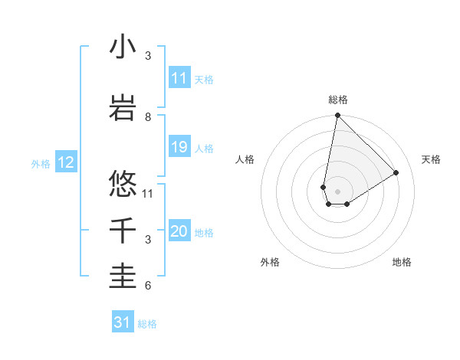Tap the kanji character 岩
point(123,109)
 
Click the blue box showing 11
point(179,78)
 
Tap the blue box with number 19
point(179,147)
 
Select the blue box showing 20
point(179,232)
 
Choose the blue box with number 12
point(66,162)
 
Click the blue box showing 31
point(123,322)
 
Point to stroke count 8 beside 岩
point(148,116)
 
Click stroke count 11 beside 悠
point(148,193)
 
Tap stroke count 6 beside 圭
point(148,286)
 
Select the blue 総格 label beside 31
point(147,324)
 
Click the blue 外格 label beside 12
point(41,163)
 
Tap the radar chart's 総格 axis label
point(337,100)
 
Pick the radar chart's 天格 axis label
point(432,159)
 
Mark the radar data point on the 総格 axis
point(337,116)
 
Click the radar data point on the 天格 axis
point(396,172)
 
